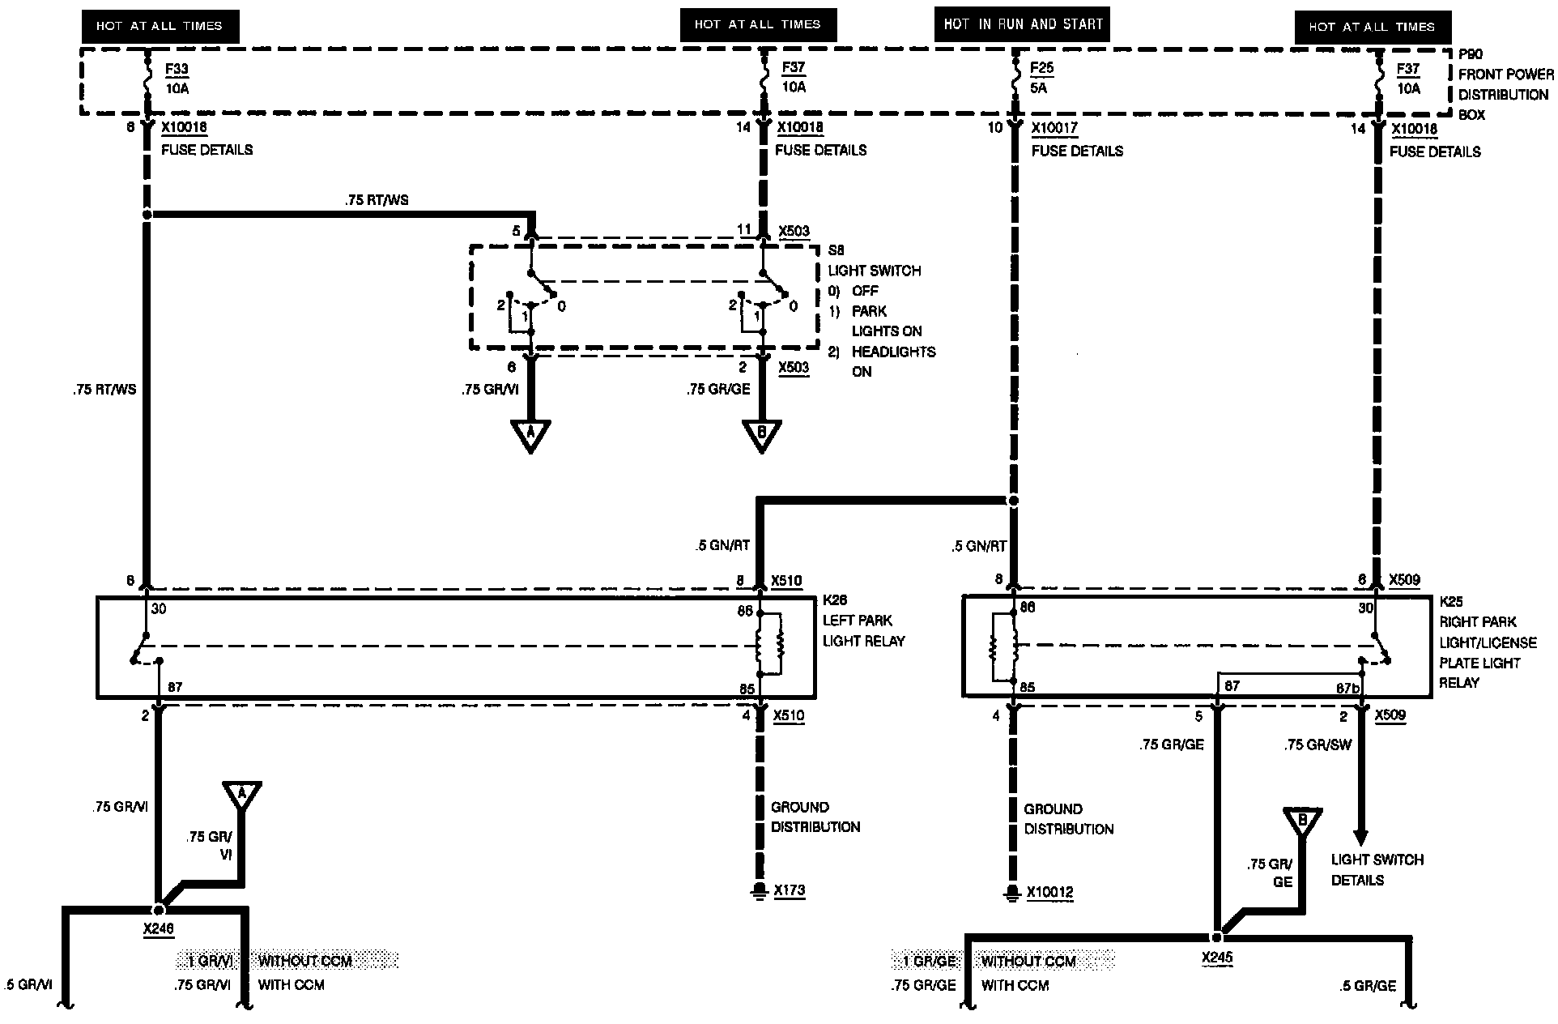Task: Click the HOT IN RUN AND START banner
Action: click(x=1023, y=25)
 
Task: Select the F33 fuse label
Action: click(x=177, y=68)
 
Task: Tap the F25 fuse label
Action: click(x=1042, y=68)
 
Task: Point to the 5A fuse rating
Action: click(x=1039, y=88)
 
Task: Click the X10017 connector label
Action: click(x=1054, y=128)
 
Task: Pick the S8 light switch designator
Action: click(x=836, y=250)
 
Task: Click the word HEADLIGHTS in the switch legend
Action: click(x=893, y=352)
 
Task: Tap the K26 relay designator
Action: click(x=834, y=600)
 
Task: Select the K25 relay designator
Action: click(x=1450, y=602)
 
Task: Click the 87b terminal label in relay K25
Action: click(x=1347, y=688)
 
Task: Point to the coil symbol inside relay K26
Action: click(x=770, y=645)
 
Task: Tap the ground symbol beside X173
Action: click(x=759, y=891)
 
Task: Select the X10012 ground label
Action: click(x=1049, y=893)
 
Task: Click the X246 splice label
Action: click(x=159, y=929)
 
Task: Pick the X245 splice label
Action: click(x=1217, y=958)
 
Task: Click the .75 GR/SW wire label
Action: click(x=1317, y=745)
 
